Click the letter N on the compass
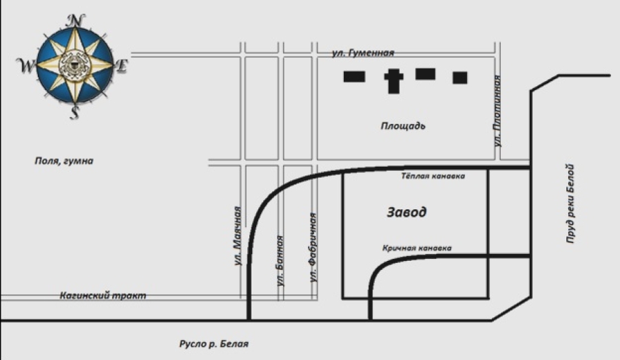(75, 21)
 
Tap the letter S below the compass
(74, 113)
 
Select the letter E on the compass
(122, 66)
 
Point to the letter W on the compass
(26, 65)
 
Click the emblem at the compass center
(74, 66)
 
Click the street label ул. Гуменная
(363, 53)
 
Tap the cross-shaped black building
(393, 81)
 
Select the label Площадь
(403, 126)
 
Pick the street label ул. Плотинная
(497, 111)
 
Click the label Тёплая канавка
(433, 176)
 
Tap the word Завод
(406, 212)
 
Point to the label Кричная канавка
(417, 248)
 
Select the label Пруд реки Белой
(570, 204)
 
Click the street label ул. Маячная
(237, 236)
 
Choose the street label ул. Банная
(280, 261)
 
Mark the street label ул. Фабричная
(313, 248)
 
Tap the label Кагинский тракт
(103, 295)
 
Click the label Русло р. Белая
(214, 343)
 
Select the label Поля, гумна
(64, 161)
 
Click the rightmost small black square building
(460, 78)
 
